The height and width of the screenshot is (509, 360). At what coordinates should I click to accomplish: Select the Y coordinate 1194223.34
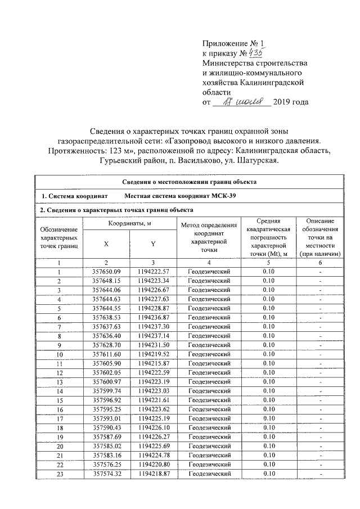153,281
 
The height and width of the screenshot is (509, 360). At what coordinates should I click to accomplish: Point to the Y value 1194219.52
153,354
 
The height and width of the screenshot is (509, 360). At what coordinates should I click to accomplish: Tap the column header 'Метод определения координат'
208,237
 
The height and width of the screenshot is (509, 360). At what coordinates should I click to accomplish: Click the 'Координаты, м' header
130,224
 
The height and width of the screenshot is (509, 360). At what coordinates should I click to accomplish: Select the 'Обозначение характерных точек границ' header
58,237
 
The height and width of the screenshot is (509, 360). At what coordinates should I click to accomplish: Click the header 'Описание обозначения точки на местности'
319,237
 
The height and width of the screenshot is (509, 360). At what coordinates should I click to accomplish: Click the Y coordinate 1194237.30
153,326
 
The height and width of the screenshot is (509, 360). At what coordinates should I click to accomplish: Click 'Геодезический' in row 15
208,399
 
